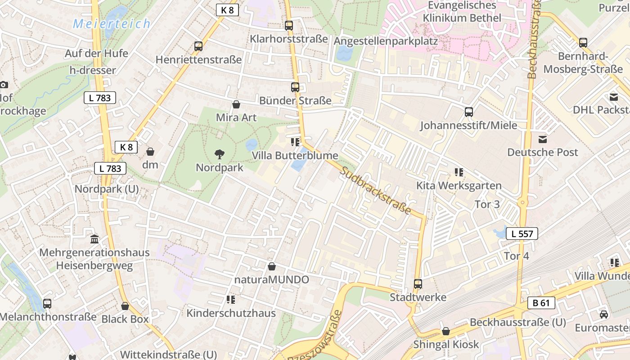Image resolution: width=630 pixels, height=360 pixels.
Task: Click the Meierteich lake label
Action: (112, 24)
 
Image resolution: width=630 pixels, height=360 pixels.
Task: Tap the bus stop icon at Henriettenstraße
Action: (198, 46)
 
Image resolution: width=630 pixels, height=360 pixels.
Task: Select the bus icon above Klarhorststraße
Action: (289, 26)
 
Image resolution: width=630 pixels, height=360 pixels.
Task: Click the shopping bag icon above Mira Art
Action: (236, 105)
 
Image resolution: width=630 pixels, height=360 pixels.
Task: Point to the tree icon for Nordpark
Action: (220, 154)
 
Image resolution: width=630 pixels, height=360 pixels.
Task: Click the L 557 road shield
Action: (522, 234)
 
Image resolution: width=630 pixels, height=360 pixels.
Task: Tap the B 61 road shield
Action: (541, 303)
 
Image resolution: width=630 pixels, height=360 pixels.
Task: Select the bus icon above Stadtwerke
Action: (418, 284)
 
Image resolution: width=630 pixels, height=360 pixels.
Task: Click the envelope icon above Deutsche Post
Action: (543, 139)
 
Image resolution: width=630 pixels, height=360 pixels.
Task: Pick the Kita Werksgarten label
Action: (459, 185)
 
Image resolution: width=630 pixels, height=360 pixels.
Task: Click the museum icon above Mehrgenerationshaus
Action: (94, 239)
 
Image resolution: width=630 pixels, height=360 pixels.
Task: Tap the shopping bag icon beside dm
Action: (150, 152)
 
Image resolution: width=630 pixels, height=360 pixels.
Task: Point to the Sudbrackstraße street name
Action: (376, 190)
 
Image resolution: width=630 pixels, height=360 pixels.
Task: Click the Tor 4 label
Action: (517, 256)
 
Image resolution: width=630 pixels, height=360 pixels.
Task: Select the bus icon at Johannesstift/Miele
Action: (469, 112)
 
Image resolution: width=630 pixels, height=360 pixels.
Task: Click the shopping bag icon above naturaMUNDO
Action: (271, 267)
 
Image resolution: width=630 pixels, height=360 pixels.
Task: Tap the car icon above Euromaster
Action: (604, 314)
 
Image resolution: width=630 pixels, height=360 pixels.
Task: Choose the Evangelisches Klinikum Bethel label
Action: (462, 12)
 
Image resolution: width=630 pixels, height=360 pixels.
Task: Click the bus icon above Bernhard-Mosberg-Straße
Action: (583, 43)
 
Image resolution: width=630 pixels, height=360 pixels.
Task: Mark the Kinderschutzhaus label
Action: (231, 313)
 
